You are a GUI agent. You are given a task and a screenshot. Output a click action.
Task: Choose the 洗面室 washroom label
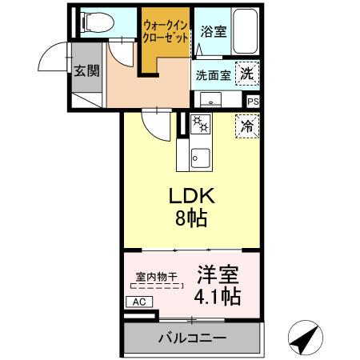point(214,75)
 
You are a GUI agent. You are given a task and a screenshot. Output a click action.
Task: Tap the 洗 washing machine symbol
point(248,73)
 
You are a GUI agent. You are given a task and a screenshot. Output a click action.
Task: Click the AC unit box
point(136,302)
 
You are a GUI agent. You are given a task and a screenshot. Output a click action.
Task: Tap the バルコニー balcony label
point(192,338)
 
